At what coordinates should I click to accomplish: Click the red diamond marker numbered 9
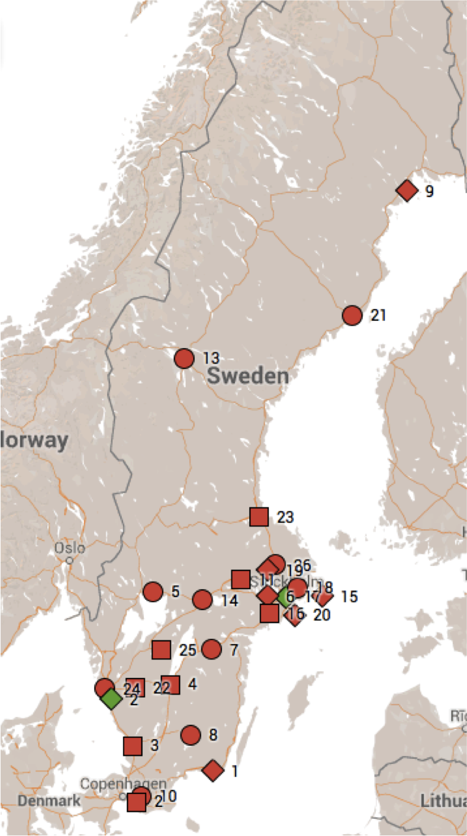[407, 191]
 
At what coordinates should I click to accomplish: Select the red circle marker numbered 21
[352, 316]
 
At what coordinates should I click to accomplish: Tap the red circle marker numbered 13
[184, 358]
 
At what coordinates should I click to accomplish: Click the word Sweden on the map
[249, 376]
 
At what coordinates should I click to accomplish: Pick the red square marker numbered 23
[259, 517]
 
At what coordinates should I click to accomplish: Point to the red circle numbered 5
[153, 591]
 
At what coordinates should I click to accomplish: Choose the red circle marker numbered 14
[202, 600]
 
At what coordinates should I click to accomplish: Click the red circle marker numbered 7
[211, 649]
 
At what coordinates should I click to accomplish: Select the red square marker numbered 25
[161, 649]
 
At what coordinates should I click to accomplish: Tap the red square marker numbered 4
[170, 685]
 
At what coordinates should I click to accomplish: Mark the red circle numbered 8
[191, 735]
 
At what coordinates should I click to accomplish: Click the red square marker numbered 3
[133, 745]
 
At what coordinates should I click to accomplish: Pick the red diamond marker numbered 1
[213, 770]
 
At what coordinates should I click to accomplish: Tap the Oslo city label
[70, 547]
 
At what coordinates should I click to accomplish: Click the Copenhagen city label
[115, 783]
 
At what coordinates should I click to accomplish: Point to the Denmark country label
[49, 801]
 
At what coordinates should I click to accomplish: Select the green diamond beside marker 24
[111, 699]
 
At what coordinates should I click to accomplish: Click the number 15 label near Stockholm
[349, 596]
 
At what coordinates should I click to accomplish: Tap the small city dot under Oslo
[69, 560]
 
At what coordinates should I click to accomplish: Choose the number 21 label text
[378, 316]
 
